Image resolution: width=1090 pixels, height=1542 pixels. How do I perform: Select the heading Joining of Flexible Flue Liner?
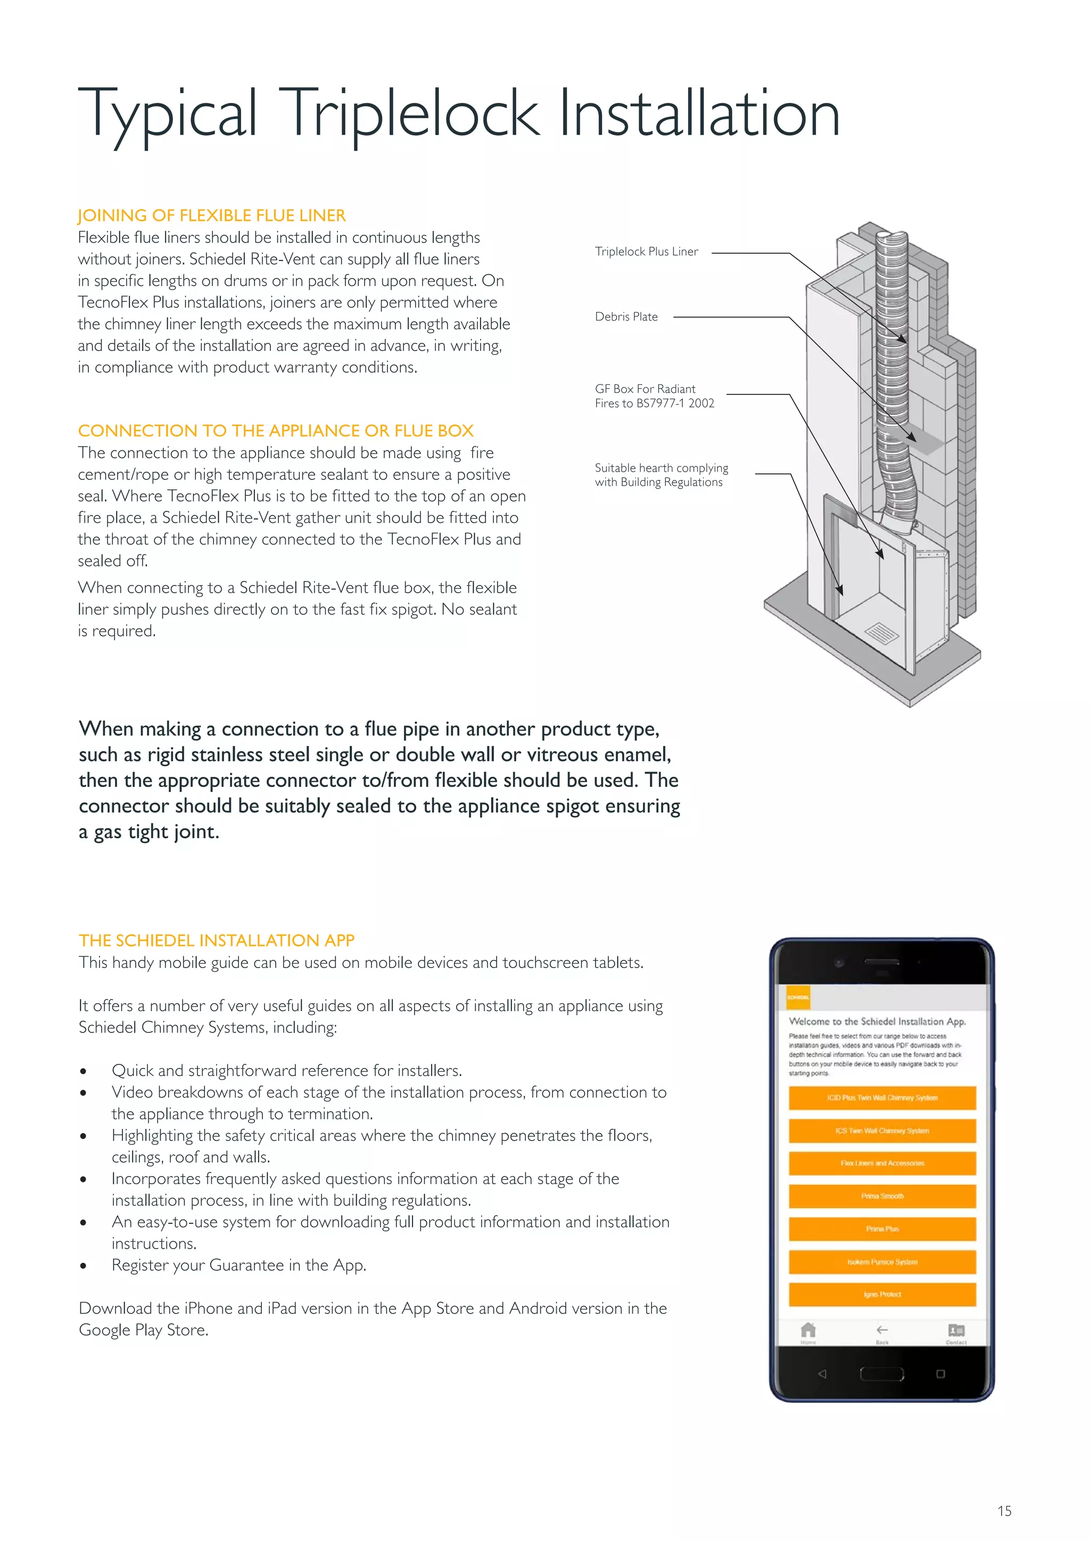click(x=211, y=216)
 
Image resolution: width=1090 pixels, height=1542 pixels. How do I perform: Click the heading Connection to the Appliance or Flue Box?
click(x=276, y=431)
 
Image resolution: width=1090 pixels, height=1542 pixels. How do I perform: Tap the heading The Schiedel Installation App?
click(x=216, y=940)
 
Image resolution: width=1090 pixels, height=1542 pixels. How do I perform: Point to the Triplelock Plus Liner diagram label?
click(x=646, y=252)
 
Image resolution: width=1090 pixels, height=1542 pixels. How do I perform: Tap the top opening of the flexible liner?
click(x=892, y=237)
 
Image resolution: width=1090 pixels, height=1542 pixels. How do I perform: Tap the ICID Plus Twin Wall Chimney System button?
click(x=881, y=1098)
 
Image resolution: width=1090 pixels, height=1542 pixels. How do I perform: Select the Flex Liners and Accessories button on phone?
click(x=881, y=1163)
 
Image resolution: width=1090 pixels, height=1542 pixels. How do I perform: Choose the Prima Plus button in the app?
click(x=881, y=1229)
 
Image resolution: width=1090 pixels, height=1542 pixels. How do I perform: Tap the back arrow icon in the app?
click(x=882, y=1330)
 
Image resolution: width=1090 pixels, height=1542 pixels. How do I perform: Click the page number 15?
click(x=1004, y=1511)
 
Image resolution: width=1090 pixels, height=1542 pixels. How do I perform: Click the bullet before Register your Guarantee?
click(x=83, y=1266)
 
